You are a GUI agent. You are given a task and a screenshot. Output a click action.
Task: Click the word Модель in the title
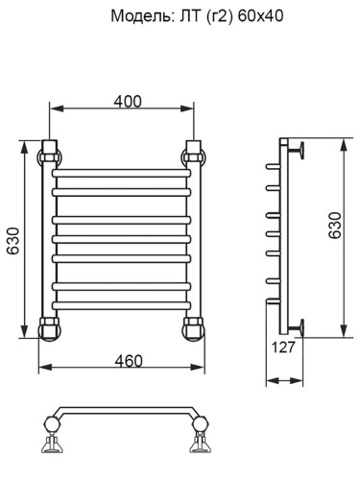point(139,16)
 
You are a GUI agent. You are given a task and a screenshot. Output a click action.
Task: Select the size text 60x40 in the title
point(261,16)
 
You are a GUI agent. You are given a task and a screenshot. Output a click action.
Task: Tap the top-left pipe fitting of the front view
point(49,153)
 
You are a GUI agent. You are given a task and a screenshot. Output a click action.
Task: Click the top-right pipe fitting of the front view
point(195,153)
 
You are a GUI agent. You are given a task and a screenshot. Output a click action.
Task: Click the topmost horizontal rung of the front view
point(122,176)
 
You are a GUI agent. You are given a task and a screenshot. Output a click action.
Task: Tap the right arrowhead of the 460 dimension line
point(203,369)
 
